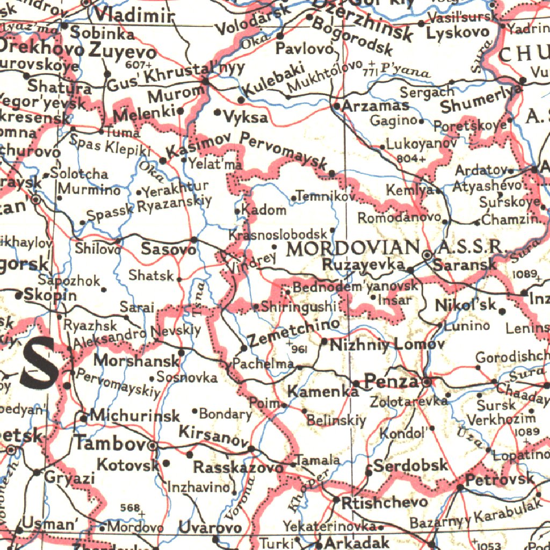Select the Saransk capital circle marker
[x=428, y=256]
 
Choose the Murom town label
[x=175, y=95]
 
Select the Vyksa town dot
[x=218, y=113]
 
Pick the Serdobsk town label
[x=410, y=465]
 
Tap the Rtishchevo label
[x=385, y=502]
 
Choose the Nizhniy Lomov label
[x=387, y=344]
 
